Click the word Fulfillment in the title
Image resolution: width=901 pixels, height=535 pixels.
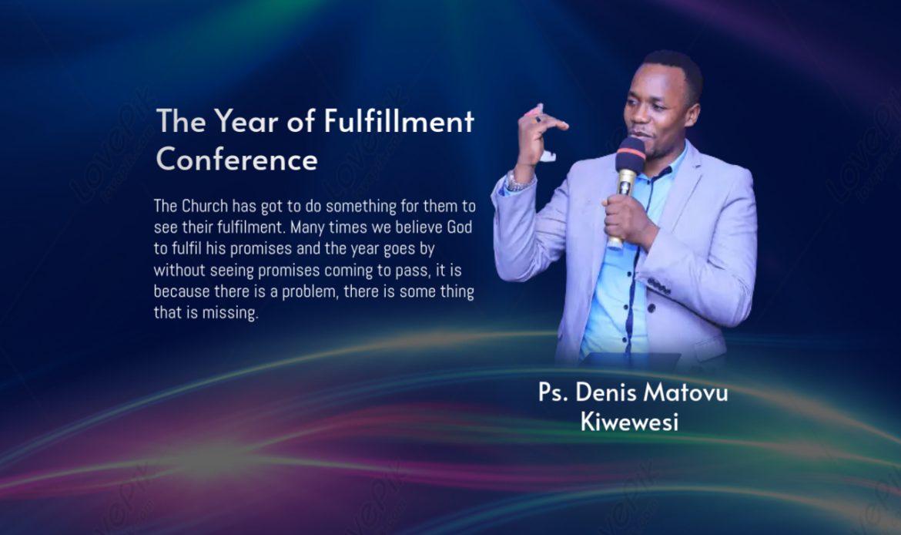coord(400,121)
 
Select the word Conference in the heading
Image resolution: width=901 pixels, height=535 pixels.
coord(236,159)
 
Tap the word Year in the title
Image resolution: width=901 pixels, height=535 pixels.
coord(246,121)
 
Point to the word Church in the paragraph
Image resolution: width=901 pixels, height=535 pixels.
coord(205,206)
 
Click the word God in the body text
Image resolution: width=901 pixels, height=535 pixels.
coord(459,227)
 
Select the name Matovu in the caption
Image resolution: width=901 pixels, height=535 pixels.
coord(685,392)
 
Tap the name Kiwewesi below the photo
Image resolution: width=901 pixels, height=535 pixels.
coord(630,422)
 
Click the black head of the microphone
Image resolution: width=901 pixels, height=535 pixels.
coord(631,154)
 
